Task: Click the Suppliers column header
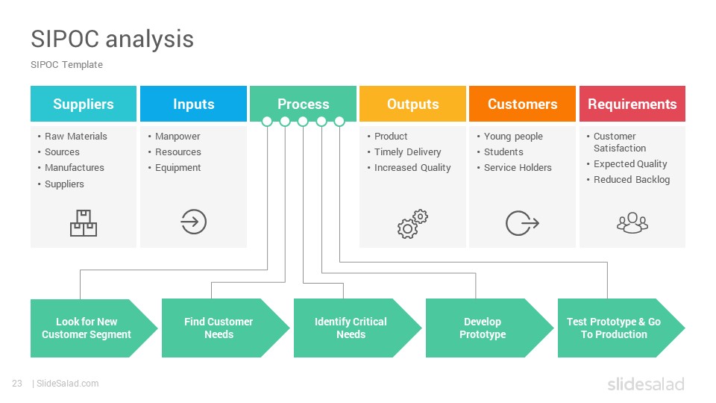[84, 104]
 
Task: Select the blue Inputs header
[194, 104]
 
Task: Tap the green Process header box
[304, 104]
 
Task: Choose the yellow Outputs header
[412, 104]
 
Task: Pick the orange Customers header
[522, 104]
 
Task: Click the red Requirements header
[632, 104]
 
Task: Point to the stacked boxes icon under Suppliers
[84, 223]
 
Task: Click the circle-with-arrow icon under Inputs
[194, 222]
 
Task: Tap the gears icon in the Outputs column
[412, 224]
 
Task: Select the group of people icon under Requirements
[632, 222]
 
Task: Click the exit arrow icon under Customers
[522, 223]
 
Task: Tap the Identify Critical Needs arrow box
[357, 328]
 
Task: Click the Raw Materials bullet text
[76, 136]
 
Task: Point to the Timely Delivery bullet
[408, 152]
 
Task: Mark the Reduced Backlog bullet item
[632, 180]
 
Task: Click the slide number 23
[17, 384]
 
